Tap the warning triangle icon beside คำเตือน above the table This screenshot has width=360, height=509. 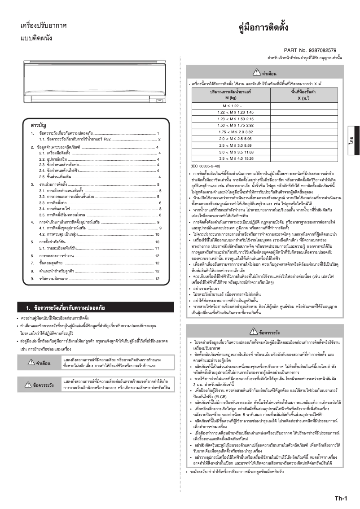[256, 72]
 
